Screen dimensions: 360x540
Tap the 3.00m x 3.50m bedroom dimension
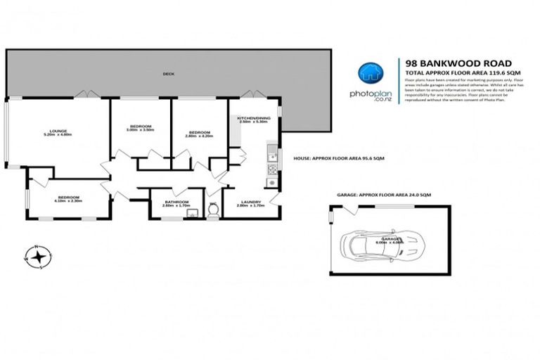coord(140,130)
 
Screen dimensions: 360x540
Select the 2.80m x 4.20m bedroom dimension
coord(200,134)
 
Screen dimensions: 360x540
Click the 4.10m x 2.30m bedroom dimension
coord(68,201)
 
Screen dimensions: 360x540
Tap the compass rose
coord(39,256)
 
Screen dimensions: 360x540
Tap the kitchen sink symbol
coord(271,151)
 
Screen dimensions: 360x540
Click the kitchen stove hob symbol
coord(271,169)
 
